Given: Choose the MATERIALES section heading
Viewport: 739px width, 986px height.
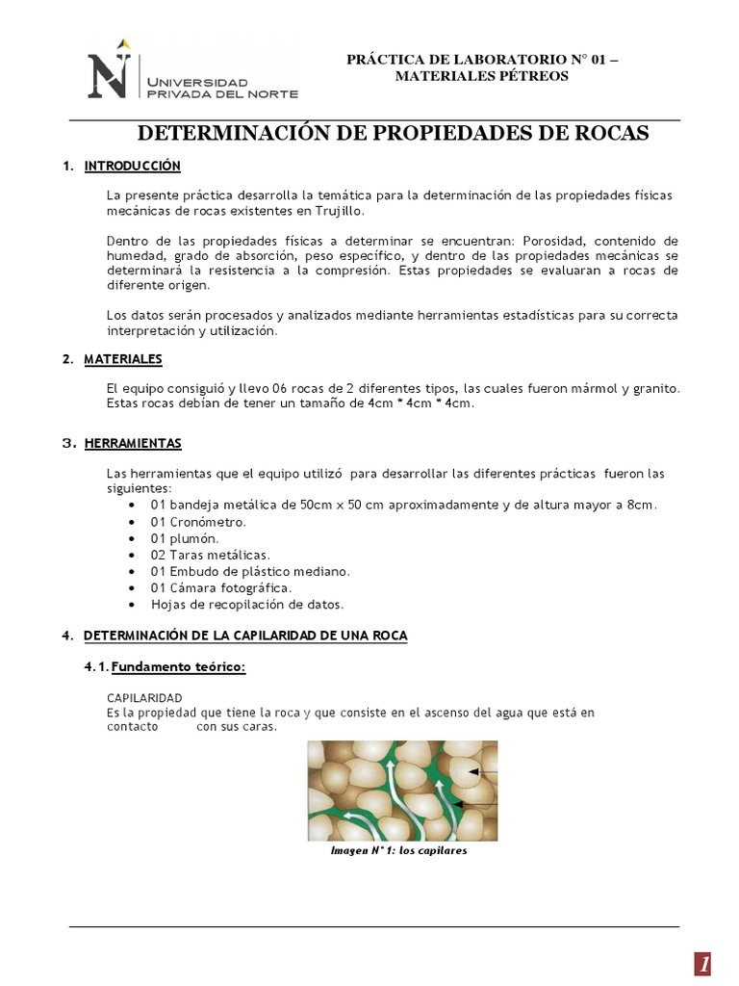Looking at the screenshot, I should click(x=123, y=359).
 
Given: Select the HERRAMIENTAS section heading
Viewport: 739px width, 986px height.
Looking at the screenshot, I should click(x=132, y=444).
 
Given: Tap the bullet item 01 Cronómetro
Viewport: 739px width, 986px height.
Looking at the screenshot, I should click(x=198, y=522).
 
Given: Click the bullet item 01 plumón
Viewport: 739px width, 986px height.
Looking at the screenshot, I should click(x=185, y=538).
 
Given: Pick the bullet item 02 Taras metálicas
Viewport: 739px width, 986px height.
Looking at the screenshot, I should click(x=210, y=555).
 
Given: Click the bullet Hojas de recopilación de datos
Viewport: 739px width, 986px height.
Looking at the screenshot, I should click(x=247, y=604).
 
